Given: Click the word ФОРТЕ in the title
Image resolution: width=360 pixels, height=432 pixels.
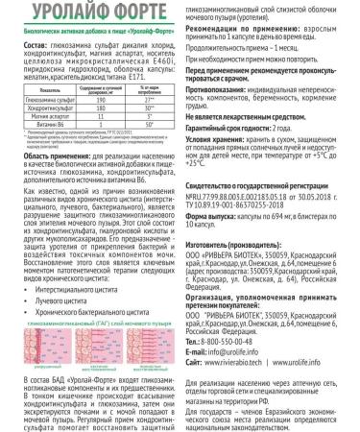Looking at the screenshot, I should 132,12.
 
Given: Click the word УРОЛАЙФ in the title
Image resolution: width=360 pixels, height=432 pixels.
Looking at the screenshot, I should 62,12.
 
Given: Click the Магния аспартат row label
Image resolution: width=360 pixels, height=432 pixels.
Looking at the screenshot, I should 54,141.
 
